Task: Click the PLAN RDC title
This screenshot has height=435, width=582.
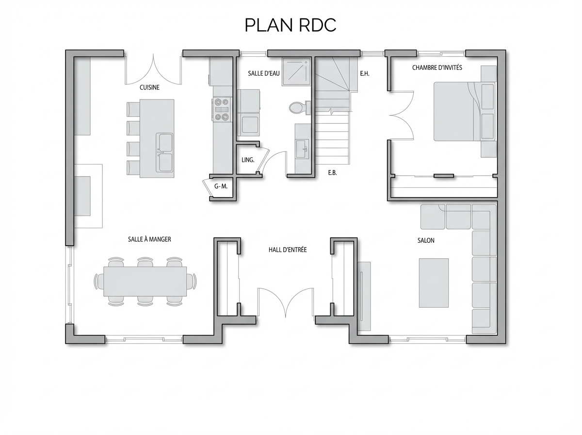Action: pos(291,25)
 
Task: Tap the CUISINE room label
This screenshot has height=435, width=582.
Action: pos(149,87)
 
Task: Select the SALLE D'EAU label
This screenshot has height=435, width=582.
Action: pos(264,73)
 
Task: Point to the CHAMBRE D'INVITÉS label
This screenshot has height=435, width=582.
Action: pos(437,67)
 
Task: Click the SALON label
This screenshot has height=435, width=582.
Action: pos(426,240)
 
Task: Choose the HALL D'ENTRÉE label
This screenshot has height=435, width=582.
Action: pos(288,250)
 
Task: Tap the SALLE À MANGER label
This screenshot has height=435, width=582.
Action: pos(149,239)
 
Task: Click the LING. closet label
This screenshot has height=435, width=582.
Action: pos(248,160)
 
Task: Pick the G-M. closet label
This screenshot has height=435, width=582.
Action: pos(221,186)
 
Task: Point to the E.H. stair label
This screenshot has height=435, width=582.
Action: pos(365,73)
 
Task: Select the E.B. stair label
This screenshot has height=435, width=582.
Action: pos(333,172)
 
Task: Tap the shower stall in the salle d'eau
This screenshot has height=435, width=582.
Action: pos(296,71)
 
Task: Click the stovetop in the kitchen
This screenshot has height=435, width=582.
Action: pos(222,109)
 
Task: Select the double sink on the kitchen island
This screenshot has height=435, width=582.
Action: pos(165,152)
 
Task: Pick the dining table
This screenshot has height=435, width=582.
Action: pos(145,281)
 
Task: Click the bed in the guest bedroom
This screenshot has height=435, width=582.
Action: pos(465,112)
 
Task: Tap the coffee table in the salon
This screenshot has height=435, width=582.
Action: pos(434,283)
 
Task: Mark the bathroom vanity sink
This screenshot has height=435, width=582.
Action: pos(302,149)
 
